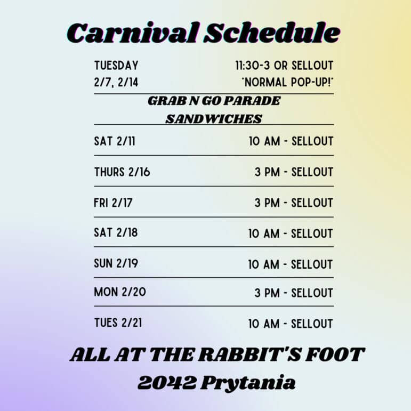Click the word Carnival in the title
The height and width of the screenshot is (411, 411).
point(133,33)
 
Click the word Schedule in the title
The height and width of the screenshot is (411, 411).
point(272,33)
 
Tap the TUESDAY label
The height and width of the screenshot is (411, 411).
point(116,66)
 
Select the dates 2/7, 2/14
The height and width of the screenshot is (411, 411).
point(116,82)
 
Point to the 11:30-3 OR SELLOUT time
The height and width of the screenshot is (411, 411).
point(284,66)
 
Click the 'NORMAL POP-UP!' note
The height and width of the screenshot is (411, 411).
point(287,82)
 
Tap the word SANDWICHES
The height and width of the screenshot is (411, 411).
point(214,119)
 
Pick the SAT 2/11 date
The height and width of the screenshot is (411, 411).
point(115,141)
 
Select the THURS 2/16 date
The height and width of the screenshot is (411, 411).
point(122,172)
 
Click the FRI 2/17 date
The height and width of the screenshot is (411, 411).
point(113,203)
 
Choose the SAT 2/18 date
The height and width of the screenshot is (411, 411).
point(116,233)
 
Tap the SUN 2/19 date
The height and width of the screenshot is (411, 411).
point(116,263)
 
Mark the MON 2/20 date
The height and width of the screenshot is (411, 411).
point(120,292)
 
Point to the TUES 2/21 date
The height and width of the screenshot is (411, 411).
point(118,323)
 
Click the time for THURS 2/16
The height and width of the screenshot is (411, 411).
point(294,172)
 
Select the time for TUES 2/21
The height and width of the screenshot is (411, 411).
point(291,324)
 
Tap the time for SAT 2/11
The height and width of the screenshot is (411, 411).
point(291,141)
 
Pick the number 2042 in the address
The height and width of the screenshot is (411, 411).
point(167,383)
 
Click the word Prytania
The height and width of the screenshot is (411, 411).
point(248,384)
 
